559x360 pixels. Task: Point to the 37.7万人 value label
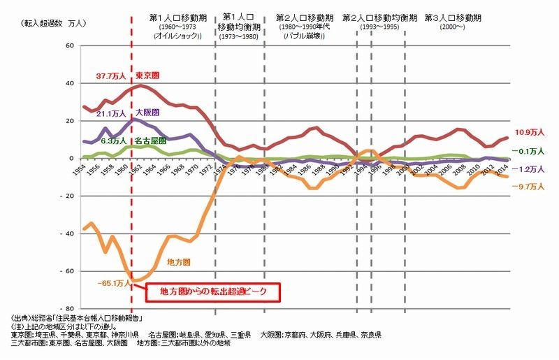(x=110, y=75)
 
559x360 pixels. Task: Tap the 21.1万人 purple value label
(x=110, y=113)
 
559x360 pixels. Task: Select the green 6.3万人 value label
(x=113, y=141)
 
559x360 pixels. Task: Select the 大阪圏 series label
(x=146, y=113)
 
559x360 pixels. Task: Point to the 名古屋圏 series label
(x=150, y=141)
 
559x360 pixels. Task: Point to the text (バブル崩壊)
(x=305, y=35)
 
